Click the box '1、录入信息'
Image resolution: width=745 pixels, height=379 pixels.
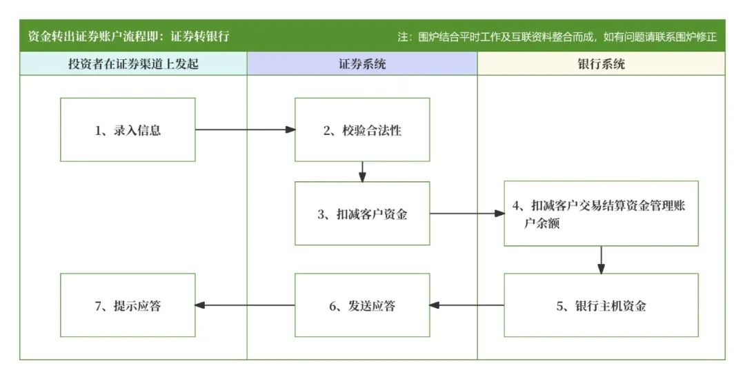click(128, 130)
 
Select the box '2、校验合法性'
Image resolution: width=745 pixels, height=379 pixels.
click(362, 130)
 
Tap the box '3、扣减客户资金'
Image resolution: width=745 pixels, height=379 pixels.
click(362, 214)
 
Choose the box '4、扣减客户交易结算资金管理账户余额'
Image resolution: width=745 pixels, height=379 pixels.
click(601, 214)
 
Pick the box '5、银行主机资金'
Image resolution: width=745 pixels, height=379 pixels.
click(601, 306)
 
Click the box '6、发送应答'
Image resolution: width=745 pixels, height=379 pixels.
click(362, 306)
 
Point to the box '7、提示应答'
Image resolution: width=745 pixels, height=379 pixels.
click(128, 306)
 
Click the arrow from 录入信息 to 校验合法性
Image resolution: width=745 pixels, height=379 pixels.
click(245, 130)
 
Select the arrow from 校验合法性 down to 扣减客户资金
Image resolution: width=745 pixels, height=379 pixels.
click(362, 172)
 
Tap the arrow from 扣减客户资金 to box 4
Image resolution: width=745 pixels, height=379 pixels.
click(467, 214)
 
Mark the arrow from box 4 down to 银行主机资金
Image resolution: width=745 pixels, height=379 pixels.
click(601, 260)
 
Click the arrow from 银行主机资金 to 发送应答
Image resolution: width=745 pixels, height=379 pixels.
click(467, 306)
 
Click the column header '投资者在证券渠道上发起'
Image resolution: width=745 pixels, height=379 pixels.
click(133, 64)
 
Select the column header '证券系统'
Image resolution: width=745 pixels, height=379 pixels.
click(362, 64)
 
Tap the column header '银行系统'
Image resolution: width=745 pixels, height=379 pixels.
click(601, 64)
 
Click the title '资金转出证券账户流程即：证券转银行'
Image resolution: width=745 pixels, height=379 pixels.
click(128, 37)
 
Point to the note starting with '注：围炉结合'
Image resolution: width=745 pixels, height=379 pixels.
click(557, 37)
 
